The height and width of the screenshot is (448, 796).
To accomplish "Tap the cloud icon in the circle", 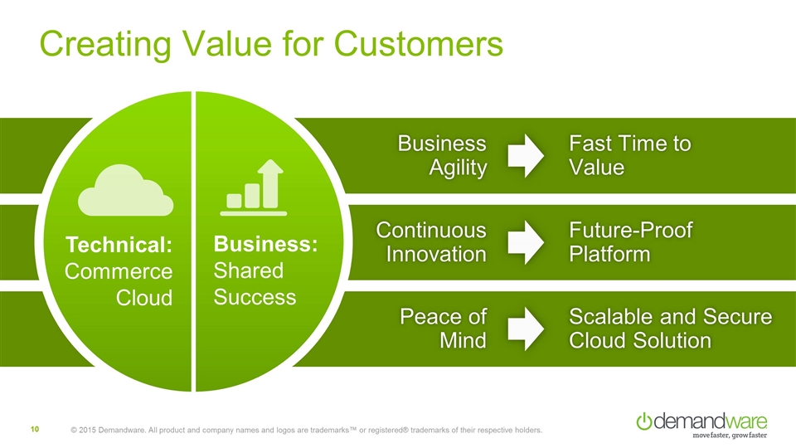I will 126,193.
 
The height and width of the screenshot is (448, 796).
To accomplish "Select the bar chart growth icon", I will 255,188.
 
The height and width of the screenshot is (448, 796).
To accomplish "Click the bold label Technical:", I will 120,246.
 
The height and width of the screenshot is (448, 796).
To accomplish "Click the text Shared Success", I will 255,284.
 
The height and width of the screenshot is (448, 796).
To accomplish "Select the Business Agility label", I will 442,156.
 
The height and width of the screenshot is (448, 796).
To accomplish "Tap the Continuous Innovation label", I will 432,241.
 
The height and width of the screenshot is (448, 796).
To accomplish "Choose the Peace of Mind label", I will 443,329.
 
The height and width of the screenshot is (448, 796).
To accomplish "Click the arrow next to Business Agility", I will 525,156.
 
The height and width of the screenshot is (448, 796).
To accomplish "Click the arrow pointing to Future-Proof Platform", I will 525,241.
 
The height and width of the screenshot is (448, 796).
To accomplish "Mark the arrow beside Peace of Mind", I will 525,329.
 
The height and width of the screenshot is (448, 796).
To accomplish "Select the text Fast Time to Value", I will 629,156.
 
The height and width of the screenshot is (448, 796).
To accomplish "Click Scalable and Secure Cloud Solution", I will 670,329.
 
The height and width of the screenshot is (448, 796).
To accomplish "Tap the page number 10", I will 36,429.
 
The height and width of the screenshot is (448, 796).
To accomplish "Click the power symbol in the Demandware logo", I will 644,421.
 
